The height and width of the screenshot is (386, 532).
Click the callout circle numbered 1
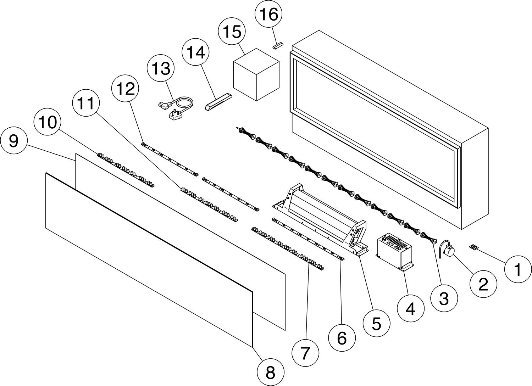(x=518, y=269)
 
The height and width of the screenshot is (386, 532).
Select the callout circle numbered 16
(x=268, y=14)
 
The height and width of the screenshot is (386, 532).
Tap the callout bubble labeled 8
(x=271, y=372)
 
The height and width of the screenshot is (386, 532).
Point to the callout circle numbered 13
(x=161, y=68)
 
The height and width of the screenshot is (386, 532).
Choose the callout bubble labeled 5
(x=376, y=323)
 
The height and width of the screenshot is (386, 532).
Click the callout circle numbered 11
(x=86, y=103)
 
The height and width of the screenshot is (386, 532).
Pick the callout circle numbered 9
(x=13, y=140)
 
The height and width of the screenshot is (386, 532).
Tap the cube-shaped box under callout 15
(x=256, y=74)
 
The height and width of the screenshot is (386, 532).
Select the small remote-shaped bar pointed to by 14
(x=218, y=102)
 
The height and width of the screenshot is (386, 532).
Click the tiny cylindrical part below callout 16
(x=278, y=45)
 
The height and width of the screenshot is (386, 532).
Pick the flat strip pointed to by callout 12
(x=170, y=159)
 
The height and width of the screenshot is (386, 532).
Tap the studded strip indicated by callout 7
(x=288, y=249)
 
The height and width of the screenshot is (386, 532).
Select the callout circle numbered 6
(x=342, y=338)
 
